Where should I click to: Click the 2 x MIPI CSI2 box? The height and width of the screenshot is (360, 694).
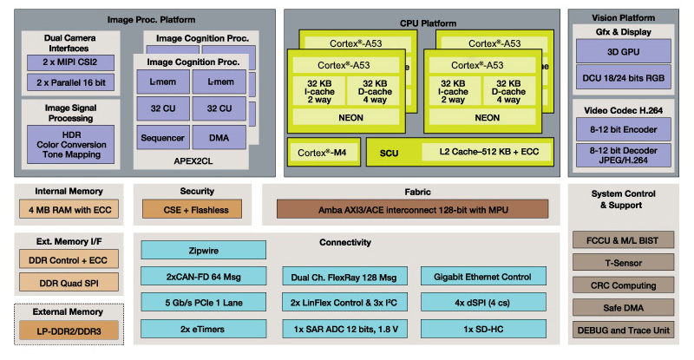pyautogui.click(x=70, y=62)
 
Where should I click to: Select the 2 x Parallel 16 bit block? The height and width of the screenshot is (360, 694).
pyautogui.click(x=70, y=82)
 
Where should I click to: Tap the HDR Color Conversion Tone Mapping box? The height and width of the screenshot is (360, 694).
pyautogui.click(x=71, y=144)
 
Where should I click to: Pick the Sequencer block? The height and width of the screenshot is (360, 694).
pyautogui.click(x=163, y=138)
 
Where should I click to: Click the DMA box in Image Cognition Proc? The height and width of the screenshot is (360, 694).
pyautogui.click(x=219, y=138)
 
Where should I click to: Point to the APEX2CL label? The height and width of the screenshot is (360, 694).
pyautogui.click(x=193, y=161)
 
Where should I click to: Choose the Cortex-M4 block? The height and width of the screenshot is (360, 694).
pyautogui.click(x=324, y=153)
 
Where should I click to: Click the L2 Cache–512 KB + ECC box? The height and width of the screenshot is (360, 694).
pyautogui.click(x=488, y=152)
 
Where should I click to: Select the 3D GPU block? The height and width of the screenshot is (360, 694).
pyautogui.click(x=623, y=51)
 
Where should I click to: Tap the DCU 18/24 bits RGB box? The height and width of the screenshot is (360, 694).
pyautogui.click(x=623, y=78)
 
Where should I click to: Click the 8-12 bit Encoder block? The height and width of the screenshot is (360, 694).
pyautogui.click(x=623, y=129)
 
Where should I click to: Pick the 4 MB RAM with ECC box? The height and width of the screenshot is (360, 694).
pyautogui.click(x=69, y=209)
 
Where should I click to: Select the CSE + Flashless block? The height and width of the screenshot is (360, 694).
pyautogui.click(x=192, y=209)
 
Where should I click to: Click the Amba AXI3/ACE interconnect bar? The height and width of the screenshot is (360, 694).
pyautogui.click(x=413, y=209)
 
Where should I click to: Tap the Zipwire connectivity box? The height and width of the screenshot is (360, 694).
pyautogui.click(x=204, y=250)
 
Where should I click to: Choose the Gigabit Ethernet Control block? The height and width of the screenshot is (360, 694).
pyautogui.click(x=483, y=277)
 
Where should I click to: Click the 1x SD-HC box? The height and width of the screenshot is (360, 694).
pyautogui.click(x=483, y=329)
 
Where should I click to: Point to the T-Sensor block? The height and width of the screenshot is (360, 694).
pyautogui.click(x=623, y=263)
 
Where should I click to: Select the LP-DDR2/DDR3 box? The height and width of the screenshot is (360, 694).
pyautogui.click(x=69, y=331)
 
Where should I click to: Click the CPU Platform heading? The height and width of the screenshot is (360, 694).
pyautogui.click(x=428, y=23)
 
